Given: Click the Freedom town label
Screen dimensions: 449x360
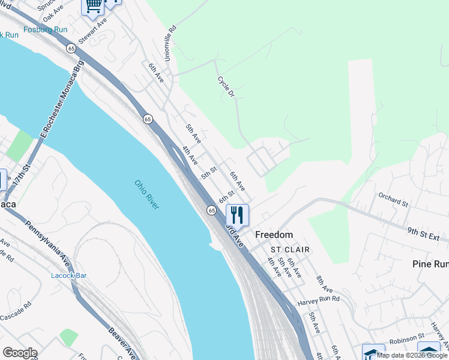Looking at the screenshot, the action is point(274,235).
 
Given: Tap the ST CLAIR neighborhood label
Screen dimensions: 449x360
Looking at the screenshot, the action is point(290,250).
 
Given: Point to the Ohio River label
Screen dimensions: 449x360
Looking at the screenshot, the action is point(146,194).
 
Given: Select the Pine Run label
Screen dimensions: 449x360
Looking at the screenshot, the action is point(430,264).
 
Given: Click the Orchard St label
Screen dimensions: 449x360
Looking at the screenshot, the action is point(393,199).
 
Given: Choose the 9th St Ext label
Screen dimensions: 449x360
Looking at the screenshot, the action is point(423,233).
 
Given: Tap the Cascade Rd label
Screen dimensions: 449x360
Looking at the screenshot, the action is point(16,313).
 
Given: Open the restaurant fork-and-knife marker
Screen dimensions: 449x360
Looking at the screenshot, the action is point(237,214).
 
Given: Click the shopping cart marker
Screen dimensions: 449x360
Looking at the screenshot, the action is point(93,6).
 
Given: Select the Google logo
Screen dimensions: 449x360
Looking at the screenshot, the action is point(20,353).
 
